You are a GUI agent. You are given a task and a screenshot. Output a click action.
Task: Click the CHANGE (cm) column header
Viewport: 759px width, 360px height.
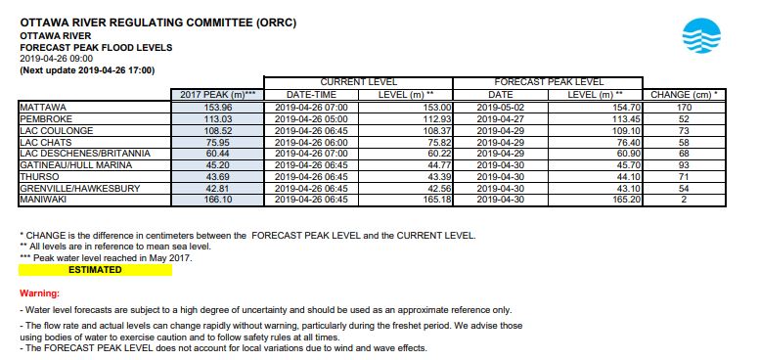pos(684,94)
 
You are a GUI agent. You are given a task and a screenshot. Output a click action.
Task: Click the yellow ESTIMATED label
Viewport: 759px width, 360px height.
pos(95,269)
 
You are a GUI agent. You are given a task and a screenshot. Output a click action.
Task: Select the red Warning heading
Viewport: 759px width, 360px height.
pos(40,292)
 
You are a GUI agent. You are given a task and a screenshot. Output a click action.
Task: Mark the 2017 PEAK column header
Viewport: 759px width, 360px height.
pos(218,94)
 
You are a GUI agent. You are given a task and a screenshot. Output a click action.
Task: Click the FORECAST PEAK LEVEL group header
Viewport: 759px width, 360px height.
pos(549,83)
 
